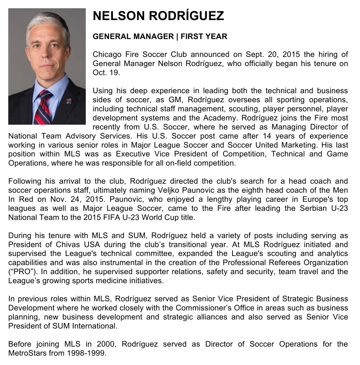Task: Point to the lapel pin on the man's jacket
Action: click(69, 101)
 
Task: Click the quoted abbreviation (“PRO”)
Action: click(21, 271)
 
